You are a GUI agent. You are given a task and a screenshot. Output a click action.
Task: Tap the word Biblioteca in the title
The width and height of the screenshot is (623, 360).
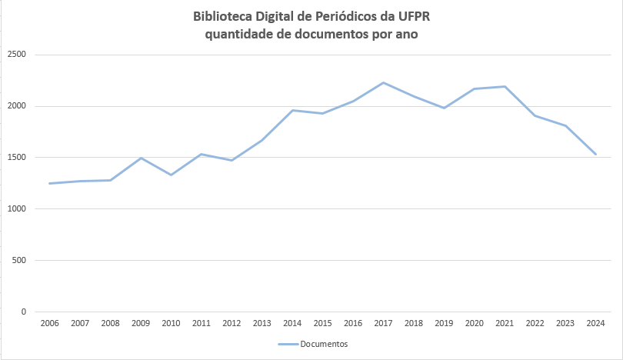(x=224, y=16)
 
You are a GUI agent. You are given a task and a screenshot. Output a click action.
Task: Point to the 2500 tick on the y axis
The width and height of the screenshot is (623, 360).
(x=17, y=55)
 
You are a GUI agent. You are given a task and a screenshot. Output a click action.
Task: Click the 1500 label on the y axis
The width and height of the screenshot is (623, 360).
(x=17, y=158)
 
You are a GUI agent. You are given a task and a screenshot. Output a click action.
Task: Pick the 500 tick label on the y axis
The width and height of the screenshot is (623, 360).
(x=19, y=260)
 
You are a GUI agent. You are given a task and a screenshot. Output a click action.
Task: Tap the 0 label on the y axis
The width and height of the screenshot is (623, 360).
(x=24, y=312)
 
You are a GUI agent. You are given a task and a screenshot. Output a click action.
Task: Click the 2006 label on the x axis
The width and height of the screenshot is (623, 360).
(x=50, y=323)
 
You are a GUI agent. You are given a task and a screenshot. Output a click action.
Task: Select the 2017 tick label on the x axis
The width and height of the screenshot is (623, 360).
(x=383, y=323)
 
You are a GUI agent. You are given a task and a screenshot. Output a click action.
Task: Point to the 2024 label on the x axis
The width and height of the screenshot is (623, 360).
(x=595, y=323)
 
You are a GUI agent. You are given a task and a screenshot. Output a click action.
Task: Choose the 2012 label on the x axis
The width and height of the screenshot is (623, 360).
(x=232, y=323)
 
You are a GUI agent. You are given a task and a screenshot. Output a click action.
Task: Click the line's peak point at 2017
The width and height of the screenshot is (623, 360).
(x=383, y=82)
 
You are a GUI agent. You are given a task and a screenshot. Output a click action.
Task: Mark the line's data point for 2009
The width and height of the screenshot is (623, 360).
(x=141, y=158)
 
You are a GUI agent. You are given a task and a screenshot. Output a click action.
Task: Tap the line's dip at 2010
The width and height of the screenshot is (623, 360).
(x=171, y=175)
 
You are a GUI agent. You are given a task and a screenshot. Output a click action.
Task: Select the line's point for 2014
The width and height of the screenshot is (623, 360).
(x=292, y=110)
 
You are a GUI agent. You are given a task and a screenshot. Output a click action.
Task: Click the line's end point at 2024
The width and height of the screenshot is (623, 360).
(x=595, y=154)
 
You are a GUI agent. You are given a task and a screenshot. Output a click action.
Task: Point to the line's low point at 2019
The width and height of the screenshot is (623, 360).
(x=444, y=108)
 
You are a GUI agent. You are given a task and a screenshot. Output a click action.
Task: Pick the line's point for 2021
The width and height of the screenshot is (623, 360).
(x=505, y=86)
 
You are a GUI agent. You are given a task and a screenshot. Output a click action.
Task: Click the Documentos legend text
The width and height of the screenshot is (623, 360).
(x=324, y=344)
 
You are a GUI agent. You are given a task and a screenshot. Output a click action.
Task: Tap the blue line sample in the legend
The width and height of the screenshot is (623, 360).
(x=288, y=344)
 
